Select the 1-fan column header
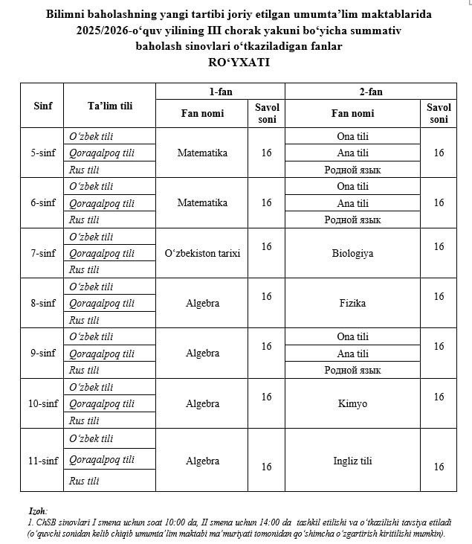click(x=220, y=92)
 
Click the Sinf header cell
click(x=43, y=106)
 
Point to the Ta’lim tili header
click(x=109, y=106)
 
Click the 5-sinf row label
click(x=43, y=153)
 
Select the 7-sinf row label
click(x=43, y=253)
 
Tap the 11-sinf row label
click(x=43, y=461)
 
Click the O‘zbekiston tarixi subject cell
click(x=202, y=253)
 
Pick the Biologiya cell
click(x=352, y=253)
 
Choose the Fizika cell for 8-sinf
click(x=352, y=303)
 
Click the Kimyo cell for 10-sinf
click(x=352, y=403)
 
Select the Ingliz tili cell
click(x=352, y=461)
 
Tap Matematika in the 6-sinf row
click(x=202, y=202)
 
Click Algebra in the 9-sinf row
click(x=202, y=353)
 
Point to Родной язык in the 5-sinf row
click(x=352, y=170)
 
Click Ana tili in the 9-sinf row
click(x=352, y=353)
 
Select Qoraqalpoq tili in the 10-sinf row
click(x=102, y=403)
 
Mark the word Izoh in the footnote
click(x=37, y=512)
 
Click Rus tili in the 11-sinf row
click(x=84, y=481)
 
